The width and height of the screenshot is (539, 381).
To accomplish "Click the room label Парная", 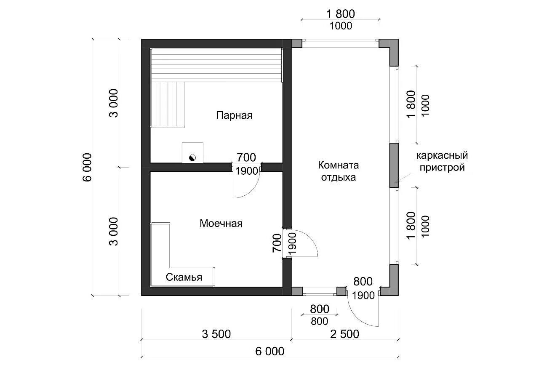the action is click(x=234, y=115).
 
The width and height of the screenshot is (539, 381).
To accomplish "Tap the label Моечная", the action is click(x=221, y=223).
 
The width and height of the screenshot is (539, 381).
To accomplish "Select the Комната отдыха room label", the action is click(x=338, y=171).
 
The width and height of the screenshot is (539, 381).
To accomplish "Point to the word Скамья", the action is click(x=184, y=277).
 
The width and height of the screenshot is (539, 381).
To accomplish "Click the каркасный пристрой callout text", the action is click(x=442, y=162).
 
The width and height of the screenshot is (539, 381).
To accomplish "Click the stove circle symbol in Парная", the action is click(x=192, y=158).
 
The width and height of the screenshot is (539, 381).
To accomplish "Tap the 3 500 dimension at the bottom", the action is click(x=216, y=334).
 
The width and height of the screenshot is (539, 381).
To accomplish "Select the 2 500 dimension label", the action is click(x=344, y=334).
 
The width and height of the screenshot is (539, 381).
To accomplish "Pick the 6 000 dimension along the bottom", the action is click(x=269, y=351).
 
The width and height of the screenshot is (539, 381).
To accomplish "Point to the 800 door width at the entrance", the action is click(x=363, y=281).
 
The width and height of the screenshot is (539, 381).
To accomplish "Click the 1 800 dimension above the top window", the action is click(x=341, y=14).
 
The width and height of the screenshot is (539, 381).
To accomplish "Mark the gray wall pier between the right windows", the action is click(x=394, y=165).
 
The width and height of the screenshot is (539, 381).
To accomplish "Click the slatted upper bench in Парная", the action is click(x=216, y=65).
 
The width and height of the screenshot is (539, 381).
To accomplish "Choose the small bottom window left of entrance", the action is click(x=320, y=290).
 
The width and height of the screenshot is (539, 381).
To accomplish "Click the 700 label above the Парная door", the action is click(x=246, y=158).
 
